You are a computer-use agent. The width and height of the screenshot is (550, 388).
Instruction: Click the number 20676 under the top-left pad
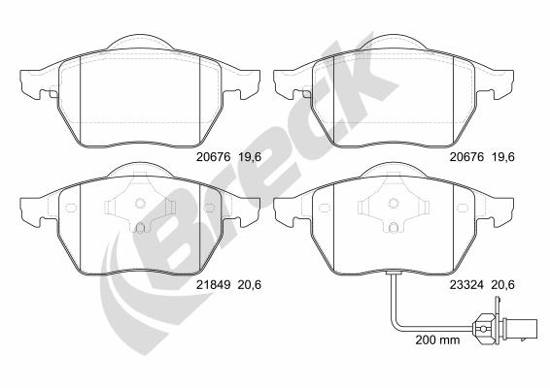click(x=213, y=157)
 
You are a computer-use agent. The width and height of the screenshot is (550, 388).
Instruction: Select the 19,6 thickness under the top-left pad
click(x=250, y=157)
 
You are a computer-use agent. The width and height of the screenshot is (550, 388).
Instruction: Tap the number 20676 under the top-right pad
click(x=466, y=157)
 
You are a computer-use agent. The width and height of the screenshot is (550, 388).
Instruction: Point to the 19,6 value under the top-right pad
click(x=503, y=157)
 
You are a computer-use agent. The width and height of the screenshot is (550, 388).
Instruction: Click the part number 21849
click(x=213, y=285)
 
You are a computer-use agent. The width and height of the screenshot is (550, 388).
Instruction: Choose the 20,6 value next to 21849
click(x=250, y=285)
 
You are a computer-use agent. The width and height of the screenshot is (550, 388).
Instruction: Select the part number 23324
click(x=466, y=285)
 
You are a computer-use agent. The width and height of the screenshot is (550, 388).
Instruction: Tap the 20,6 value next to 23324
click(x=503, y=285)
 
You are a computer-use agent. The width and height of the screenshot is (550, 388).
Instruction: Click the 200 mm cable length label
click(x=437, y=339)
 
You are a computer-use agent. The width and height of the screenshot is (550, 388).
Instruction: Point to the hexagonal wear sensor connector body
click(x=484, y=328)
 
